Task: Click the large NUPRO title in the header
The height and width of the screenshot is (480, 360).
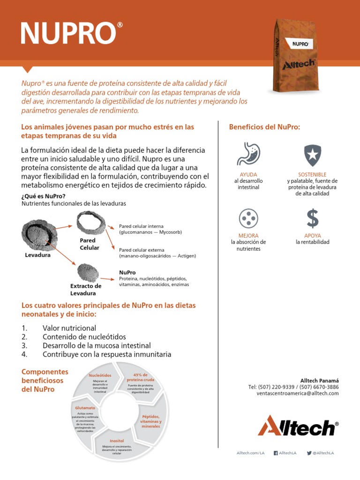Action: coord(68,33)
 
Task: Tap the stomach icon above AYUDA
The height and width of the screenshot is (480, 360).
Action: coord(249,154)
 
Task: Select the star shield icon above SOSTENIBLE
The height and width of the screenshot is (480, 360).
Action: coord(312,154)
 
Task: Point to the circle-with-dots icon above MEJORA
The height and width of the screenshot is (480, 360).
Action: coord(248,218)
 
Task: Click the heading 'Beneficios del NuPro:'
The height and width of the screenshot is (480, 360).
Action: coord(264,127)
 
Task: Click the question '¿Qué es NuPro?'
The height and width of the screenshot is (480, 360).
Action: coord(44,196)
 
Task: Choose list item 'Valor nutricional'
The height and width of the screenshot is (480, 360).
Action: coord(69,328)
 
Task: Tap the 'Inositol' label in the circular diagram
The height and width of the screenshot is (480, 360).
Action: coord(117,441)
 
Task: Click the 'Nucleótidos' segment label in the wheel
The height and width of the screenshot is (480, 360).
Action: coord(100,375)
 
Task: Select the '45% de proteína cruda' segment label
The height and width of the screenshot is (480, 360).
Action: coord(140,377)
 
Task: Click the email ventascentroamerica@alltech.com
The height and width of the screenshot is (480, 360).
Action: coord(297,394)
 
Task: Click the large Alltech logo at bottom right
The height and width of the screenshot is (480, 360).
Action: coord(298,426)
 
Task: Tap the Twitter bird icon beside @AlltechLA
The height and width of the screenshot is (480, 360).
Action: coord(309,453)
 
